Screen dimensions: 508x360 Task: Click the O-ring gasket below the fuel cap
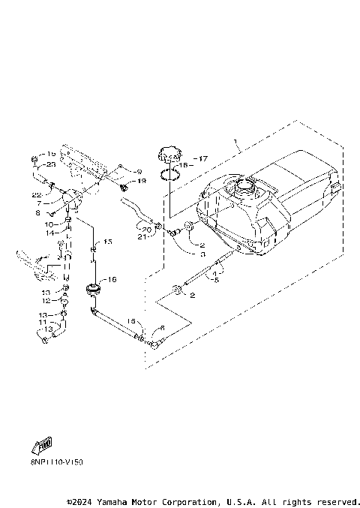coord(171,177)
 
